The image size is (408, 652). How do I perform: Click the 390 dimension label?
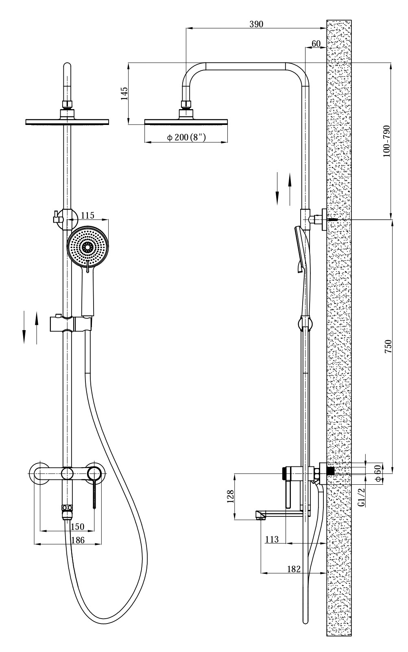pyautogui.click(x=256, y=24)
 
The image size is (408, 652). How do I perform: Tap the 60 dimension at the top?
pyautogui.click(x=316, y=44)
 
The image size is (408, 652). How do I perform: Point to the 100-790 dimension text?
pyautogui.click(x=386, y=141)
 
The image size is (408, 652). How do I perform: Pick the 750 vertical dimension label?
pyautogui.click(x=388, y=346)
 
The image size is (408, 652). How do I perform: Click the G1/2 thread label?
pyautogui.click(x=361, y=498)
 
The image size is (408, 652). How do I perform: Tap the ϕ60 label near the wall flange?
pyautogui.click(x=377, y=473)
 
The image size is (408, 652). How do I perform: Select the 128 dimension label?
pyautogui.click(x=231, y=496)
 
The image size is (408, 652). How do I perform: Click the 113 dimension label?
pyautogui.click(x=272, y=539)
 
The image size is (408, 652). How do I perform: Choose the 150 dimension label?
pyautogui.click(x=77, y=527)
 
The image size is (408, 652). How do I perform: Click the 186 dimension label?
pyautogui.click(x=77, y=540)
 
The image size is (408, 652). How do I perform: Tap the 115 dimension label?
pyautogui.click(x=87, y=215)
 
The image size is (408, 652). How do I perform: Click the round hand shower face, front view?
pyautogui.click(x=88, y=247)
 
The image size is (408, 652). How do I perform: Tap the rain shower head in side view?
pyautogui.click(x=186, y=122)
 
